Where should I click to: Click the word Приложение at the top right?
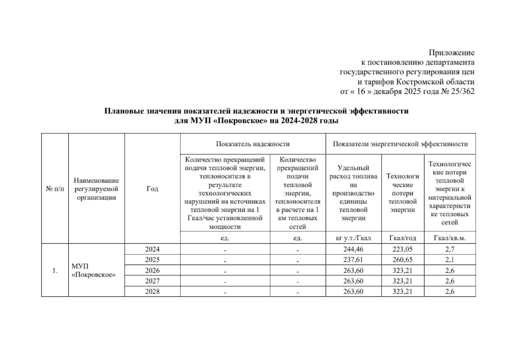[451, 53]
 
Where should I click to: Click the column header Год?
[152, 189]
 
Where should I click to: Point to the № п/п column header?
[55, 189]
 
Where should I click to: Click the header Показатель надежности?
[253, 144]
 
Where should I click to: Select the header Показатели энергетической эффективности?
[400, 144]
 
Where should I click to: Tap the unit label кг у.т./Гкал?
[353, 238]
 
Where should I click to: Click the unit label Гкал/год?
[402, 238]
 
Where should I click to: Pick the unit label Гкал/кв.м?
[450, 238]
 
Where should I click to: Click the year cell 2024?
[152, 249]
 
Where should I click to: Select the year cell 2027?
[152, 281]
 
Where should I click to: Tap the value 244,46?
[353, 249]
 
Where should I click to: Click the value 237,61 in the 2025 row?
[353, 259]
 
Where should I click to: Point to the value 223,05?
[402, 249]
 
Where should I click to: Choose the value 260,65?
[402, 259]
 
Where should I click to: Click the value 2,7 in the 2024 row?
[450, 249]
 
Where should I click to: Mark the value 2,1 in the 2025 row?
[450, 259]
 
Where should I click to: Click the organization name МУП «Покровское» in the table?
[93, 271]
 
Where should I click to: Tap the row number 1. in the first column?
[55, 271]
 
